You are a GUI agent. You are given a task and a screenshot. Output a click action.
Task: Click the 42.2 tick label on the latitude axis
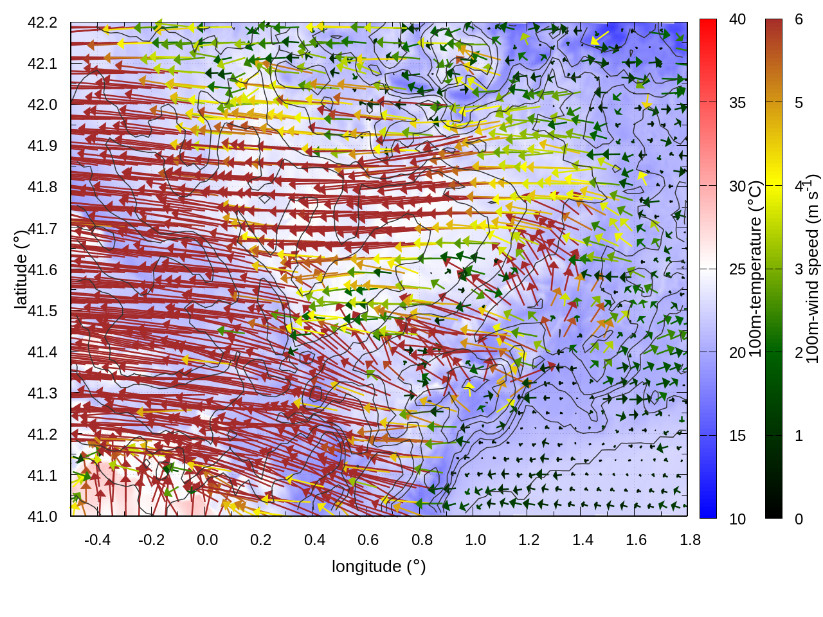[42, 22]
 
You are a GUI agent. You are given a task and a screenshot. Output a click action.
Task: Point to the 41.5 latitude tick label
[42, 311]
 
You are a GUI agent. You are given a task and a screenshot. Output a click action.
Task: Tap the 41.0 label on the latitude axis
[42, 517]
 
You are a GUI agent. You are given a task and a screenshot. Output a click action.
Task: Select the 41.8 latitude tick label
[42, 187]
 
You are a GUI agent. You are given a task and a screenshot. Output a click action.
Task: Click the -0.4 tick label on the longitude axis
[97, 540]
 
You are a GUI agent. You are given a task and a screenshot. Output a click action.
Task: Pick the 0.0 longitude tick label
[207, 540]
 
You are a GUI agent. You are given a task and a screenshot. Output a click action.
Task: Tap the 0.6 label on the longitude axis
[368, 540]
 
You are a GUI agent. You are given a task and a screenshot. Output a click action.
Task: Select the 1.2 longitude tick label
[529, 540]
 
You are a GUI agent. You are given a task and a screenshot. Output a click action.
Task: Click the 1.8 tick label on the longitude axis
[690, 540]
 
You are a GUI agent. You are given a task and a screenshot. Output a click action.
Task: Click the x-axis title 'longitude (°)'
[379, 566]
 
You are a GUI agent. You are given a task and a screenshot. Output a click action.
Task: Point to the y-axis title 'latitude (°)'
[21, 269]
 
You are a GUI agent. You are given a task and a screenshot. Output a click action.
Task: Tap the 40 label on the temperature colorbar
[737, 19]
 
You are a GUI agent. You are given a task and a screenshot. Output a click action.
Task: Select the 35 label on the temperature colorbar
[737, 103]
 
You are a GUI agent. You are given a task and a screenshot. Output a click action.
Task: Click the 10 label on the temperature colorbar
[737, 519]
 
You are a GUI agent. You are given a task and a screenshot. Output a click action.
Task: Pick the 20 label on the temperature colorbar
[737, 353]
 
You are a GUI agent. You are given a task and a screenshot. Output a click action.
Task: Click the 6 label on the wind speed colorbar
[799, 19]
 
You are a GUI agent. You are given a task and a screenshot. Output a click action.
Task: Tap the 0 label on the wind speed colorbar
[799, 519]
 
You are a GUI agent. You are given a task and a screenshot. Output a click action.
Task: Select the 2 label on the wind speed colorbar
[799, 353]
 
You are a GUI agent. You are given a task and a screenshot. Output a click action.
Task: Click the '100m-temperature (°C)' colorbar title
[755, 269]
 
